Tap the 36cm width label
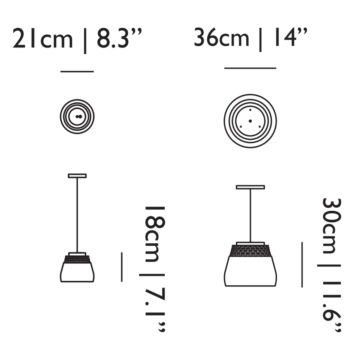coord(222,37)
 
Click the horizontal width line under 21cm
coord(77,72)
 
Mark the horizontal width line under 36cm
coord(250,68)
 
